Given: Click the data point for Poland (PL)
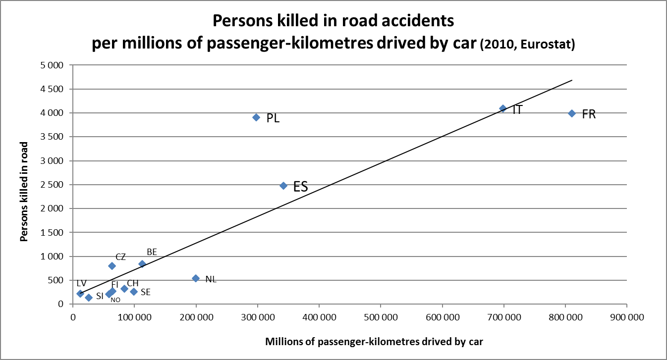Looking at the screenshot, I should pyautogui.click(x=256, y=117).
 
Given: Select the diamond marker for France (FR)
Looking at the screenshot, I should pyautogui.click(x=572, y=113).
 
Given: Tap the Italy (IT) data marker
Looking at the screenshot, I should pyautogui.click(x=503, y=108).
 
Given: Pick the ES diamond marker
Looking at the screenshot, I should pyautogui.click(x=283, y=186).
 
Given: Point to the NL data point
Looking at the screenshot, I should pyautogui.click(x=196, y=278).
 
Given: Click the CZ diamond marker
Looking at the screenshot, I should pyautogui.click(x=112, y=266).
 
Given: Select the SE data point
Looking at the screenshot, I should pyautogui.click(x=134, y=292).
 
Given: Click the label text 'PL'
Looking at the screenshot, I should pyautogui.click(x=273, y=118).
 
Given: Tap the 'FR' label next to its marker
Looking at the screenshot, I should pyautogui.click(x=589, y=114).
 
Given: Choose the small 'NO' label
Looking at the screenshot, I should pyautogui.click(x=115, y=300).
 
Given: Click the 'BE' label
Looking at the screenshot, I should pyautogui.click(x=152, y=252).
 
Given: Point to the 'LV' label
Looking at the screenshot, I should pyautogui.click(x=82, y=282).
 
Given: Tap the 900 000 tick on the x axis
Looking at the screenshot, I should pyautogui.click(x=627, y=317).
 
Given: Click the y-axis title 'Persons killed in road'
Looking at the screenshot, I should pyautogui.click(x=23, y=192).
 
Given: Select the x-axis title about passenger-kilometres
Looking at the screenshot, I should pyautogui.click(x=374, y=341).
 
